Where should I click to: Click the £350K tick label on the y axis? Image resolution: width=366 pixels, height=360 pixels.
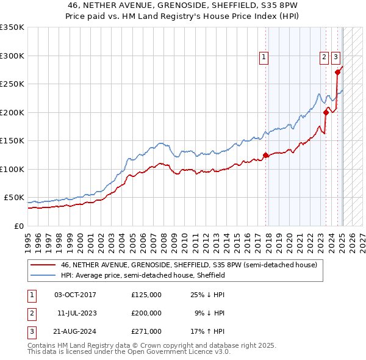(x=12, y=27)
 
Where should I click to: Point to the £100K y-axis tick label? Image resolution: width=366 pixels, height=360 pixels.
(x=12, y=169)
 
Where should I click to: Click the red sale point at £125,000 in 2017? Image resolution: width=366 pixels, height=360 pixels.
(x=265, y=155)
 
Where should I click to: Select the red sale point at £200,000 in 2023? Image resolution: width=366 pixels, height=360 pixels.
(x=326, y=112)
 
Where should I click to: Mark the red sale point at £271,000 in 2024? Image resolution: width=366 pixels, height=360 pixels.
(x=337, y=72)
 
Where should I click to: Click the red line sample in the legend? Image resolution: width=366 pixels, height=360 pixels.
(x=43, y=265)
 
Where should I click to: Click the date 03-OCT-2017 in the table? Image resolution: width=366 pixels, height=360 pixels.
(x=75, y=295)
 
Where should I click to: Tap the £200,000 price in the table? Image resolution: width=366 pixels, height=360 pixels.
(x=146, y=313)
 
